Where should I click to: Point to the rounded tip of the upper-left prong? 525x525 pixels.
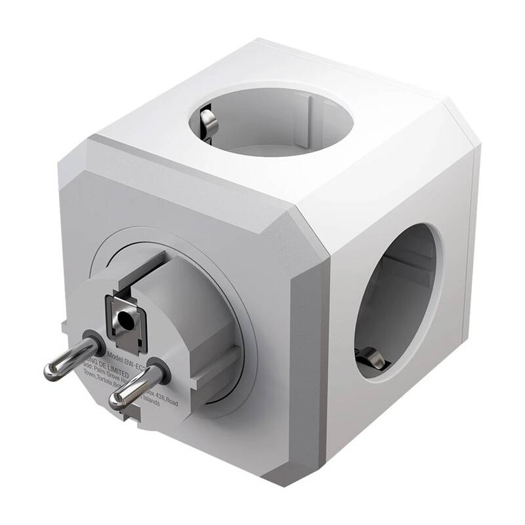[50, 371]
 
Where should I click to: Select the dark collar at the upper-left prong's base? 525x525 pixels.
[94, 341]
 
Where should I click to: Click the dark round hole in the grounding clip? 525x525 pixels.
[123, 320]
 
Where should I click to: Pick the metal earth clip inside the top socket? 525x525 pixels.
[208, 121]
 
